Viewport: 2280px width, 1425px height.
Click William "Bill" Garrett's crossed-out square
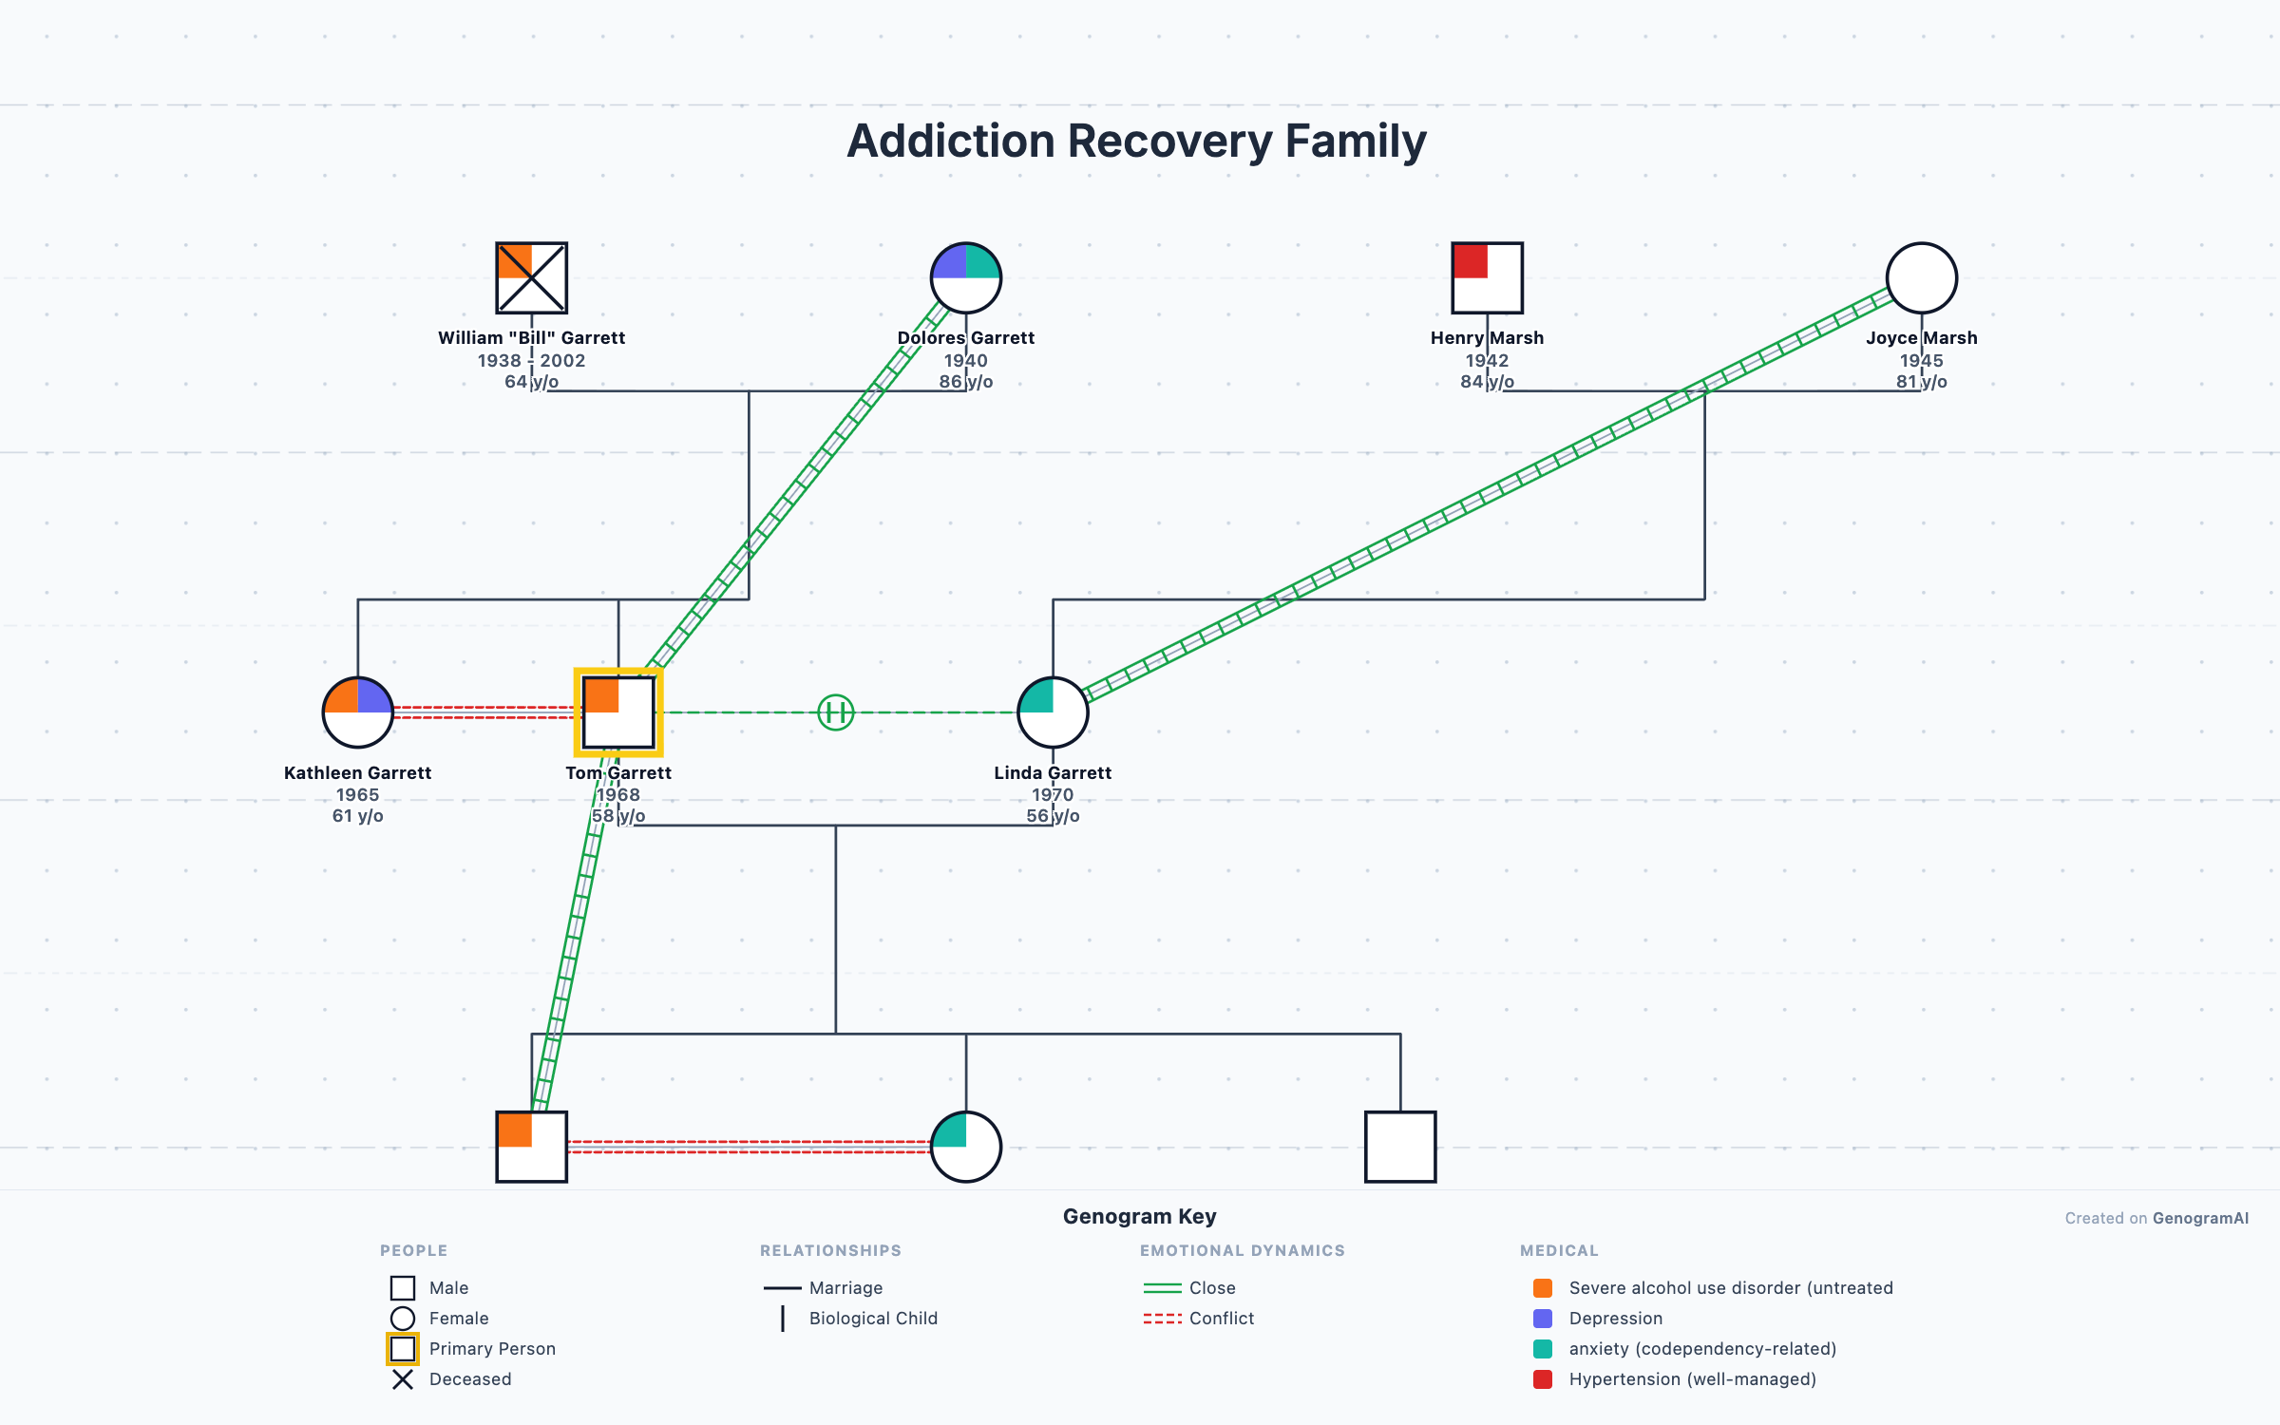pos(531,277)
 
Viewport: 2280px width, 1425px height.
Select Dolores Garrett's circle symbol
pos(965,277)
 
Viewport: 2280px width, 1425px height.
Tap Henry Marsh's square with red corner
pos(1487,277)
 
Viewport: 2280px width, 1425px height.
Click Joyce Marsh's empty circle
pos(1921,277)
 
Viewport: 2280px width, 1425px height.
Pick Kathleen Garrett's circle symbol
pos(357,712)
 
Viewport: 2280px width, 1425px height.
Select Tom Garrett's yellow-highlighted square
pos(618,712)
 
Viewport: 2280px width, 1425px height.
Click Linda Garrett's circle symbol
pos(1053,712)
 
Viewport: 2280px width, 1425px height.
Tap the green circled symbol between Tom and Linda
pos(836,712)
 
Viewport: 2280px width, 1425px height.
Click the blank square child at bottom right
pos(1399,1147)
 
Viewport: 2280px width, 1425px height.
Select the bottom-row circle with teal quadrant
pos(965,1147)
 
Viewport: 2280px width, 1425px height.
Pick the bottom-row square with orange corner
pos(531,1147)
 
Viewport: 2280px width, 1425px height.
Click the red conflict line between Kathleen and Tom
pos(483,712)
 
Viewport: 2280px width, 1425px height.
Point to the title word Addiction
pos(950,141)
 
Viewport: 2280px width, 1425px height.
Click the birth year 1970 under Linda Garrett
pos(1053,794)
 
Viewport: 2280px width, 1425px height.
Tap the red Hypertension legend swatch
pos(1543,1379)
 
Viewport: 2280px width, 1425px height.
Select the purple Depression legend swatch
pos(1543,1319)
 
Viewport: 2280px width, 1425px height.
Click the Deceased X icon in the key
pos(403,1379)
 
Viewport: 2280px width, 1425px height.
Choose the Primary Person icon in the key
pos(403,1349)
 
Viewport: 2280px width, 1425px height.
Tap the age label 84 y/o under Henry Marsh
pos(1487,382)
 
